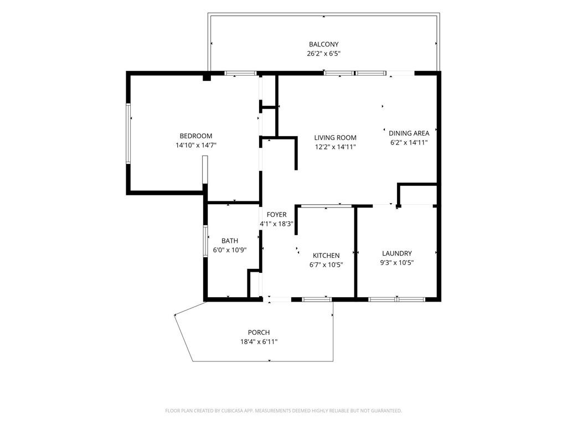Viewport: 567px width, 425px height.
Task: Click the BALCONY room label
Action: click(x=323, y=44)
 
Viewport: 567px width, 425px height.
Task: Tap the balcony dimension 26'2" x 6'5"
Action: click(x=323, y=54)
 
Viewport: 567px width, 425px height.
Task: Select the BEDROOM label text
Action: click(x=196, y=136)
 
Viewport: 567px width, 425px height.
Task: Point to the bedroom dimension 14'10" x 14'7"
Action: click(x=196, y=146)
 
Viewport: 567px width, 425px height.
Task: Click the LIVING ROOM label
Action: click(x=335, y=138)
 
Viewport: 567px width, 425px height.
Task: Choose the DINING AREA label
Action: click(x=409, y=133)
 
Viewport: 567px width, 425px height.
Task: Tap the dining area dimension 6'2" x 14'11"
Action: click(x=409, y=142)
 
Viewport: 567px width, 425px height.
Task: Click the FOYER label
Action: click(x=277, y=215)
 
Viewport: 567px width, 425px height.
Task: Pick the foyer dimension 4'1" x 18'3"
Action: click(x=277, y=224)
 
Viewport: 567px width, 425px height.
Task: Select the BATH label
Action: click(x=230, y=241)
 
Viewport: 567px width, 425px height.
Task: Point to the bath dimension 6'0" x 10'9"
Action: click(x=230, y=250)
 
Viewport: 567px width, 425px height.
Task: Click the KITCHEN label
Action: click(x=326, y=256)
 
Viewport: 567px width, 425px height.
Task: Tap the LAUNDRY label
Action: click(x=397, y=253)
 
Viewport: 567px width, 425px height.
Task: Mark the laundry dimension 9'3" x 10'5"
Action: click(x=397, y=263)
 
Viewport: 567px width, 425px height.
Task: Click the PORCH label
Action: click(x=259, y=333)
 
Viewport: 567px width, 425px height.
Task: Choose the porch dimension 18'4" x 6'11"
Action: click(x=259, y=341)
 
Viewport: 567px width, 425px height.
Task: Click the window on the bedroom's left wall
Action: click(x=128, y=133)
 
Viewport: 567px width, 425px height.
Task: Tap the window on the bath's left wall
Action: click(x=205, y=241)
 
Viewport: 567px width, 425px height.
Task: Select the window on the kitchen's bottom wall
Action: click(x=317, y=299)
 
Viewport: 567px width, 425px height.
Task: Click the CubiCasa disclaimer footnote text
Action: click(x=283, y=411)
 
